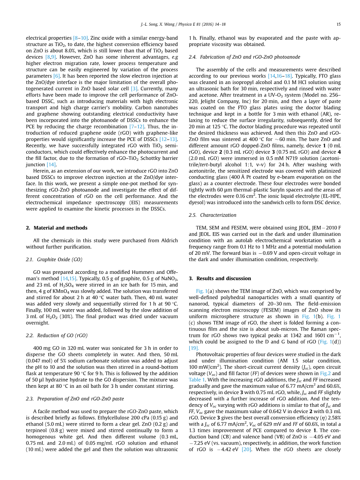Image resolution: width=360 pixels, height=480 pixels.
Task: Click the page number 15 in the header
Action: click(339, 24)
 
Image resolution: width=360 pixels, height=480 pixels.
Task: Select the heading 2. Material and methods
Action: click(57, 228)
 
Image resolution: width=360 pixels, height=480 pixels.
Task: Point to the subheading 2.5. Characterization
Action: click(212, 215)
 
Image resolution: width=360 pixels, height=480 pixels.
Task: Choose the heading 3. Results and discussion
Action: click(220, 279)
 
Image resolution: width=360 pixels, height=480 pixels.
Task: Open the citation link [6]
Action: click(57, 76)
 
